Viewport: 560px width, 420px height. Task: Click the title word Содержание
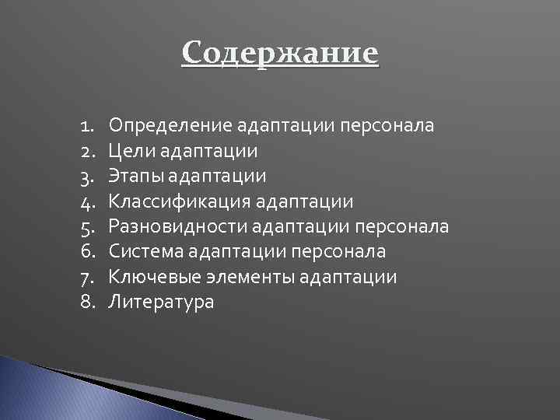click(280, 54)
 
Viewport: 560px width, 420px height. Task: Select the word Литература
click(161, 303)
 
